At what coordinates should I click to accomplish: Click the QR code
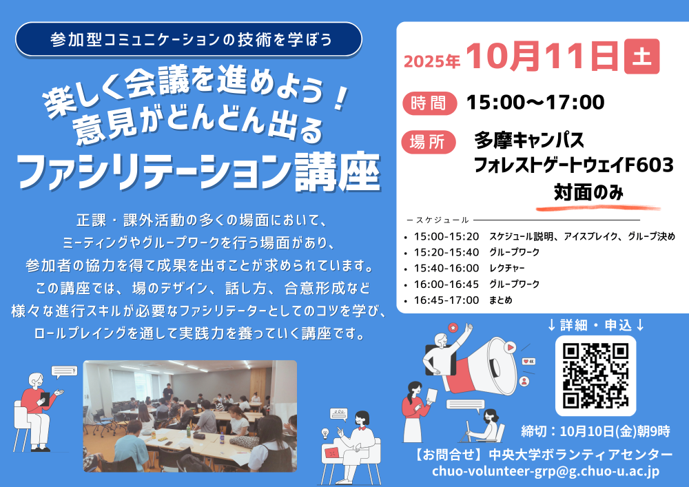(595, 376)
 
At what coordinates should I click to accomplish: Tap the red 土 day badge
(641, 56)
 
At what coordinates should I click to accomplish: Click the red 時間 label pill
(429, 103)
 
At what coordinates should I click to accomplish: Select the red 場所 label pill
(429, 142)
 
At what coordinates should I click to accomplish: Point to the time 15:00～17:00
(535, 103)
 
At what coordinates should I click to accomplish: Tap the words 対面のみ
(588, 192)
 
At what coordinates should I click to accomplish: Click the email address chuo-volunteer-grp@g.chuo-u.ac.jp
(545, 470)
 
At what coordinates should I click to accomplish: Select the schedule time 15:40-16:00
(446, 269)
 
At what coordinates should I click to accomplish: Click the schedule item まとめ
(501, 300)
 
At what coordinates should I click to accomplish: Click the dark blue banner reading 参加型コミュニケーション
(189, 39)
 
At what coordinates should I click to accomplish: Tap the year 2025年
(431, 61)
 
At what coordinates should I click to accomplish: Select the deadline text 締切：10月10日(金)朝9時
(595, 432)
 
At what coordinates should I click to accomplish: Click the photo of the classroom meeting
(190, 416)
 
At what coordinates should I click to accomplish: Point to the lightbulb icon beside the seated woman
(326, 433)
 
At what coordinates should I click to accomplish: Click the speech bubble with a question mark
(64, 372)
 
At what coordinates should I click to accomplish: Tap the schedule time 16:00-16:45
(446, 284)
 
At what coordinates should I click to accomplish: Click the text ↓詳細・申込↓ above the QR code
(596, 325)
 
